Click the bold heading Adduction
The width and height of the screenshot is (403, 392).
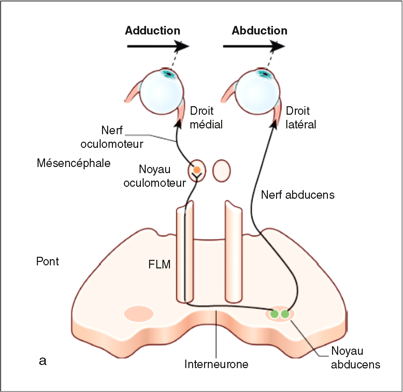pos(153,30)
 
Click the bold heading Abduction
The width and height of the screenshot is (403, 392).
pos(259,30)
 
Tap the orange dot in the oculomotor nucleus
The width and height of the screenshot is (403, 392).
pos(197,169)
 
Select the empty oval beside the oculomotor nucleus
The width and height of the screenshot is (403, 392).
pos(221,170)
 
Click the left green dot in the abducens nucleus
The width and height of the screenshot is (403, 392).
pos(274,314)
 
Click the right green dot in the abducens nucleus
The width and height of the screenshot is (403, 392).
pos(285,314)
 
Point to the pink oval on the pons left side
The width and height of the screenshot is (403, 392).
pos(139,314)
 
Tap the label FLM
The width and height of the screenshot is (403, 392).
pos(159,264)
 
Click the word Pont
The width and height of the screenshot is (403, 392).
pos(47,261)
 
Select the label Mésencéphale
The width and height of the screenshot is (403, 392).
pos(73,163)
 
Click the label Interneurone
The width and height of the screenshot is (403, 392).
pos(216,364)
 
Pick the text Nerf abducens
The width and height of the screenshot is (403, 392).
pos(298,195)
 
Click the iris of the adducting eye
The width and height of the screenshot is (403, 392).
pos(168,73)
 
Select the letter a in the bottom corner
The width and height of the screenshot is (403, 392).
pos(43,361)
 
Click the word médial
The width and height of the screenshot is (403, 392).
pos(206,124)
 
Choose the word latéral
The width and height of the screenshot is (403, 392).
pos(301,124)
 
